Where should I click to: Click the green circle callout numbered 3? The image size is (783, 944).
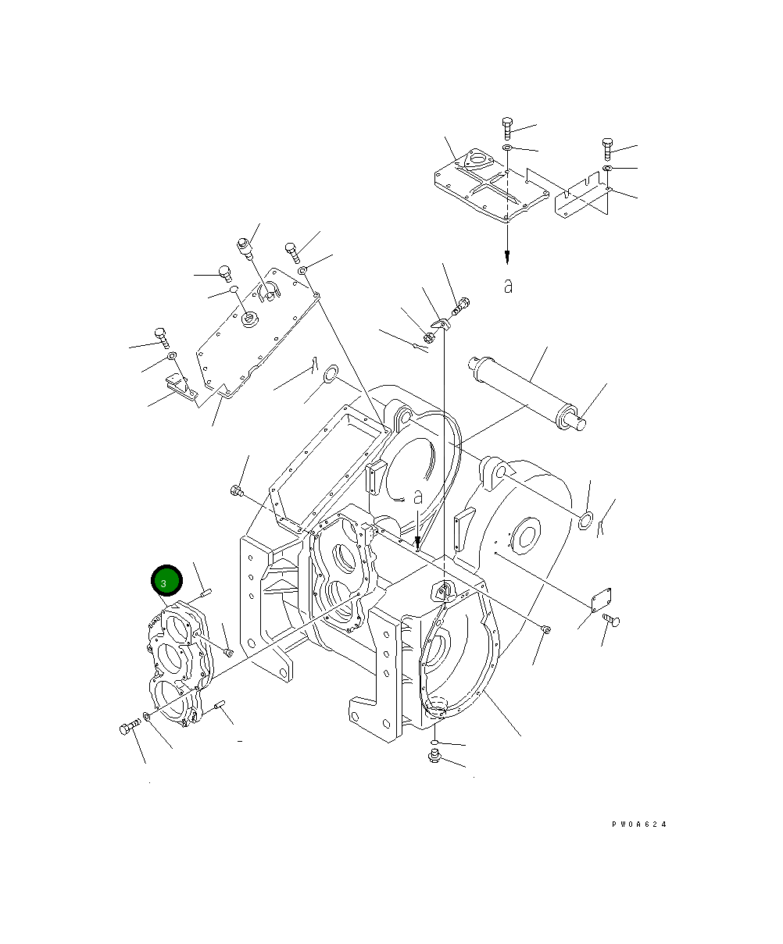[166, 582]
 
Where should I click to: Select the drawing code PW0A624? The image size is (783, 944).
[639, 824]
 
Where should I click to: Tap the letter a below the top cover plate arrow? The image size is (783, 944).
[508, 287]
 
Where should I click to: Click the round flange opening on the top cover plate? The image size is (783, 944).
[476, 163]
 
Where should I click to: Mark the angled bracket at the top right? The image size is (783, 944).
[582, 199]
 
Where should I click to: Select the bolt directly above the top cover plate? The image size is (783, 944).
[506, 126]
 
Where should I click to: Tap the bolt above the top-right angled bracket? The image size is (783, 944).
[607, 148]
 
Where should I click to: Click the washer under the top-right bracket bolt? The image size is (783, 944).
[607, 169]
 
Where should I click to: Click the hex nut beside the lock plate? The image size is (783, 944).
[429, 337]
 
